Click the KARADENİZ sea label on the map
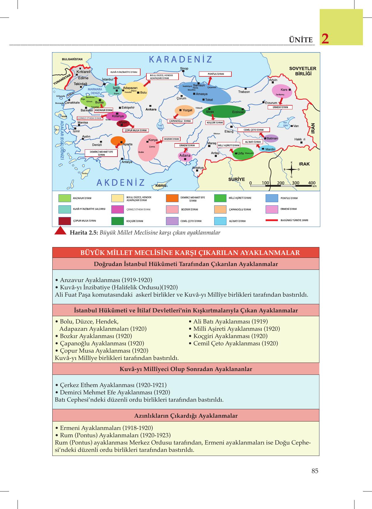coord(180,60)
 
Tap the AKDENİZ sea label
coord(121,183)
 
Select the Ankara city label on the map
coord(151,109)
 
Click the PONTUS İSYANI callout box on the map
coord(215,74)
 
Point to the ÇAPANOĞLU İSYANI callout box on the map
coord(180,121)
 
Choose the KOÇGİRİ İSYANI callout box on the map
coord(215,123)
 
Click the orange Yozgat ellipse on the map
coord(184,110)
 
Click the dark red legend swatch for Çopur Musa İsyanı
coord(65,221)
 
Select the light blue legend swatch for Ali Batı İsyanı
coord(220,221)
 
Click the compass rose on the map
coord(291,169)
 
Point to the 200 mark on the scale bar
coord(281,183)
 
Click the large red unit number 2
coord(325,39)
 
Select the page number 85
coord(315,471)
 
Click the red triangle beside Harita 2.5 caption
coord(61,231)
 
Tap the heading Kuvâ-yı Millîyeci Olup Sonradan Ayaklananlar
coord(186,369)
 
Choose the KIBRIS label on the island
coord(161,186)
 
